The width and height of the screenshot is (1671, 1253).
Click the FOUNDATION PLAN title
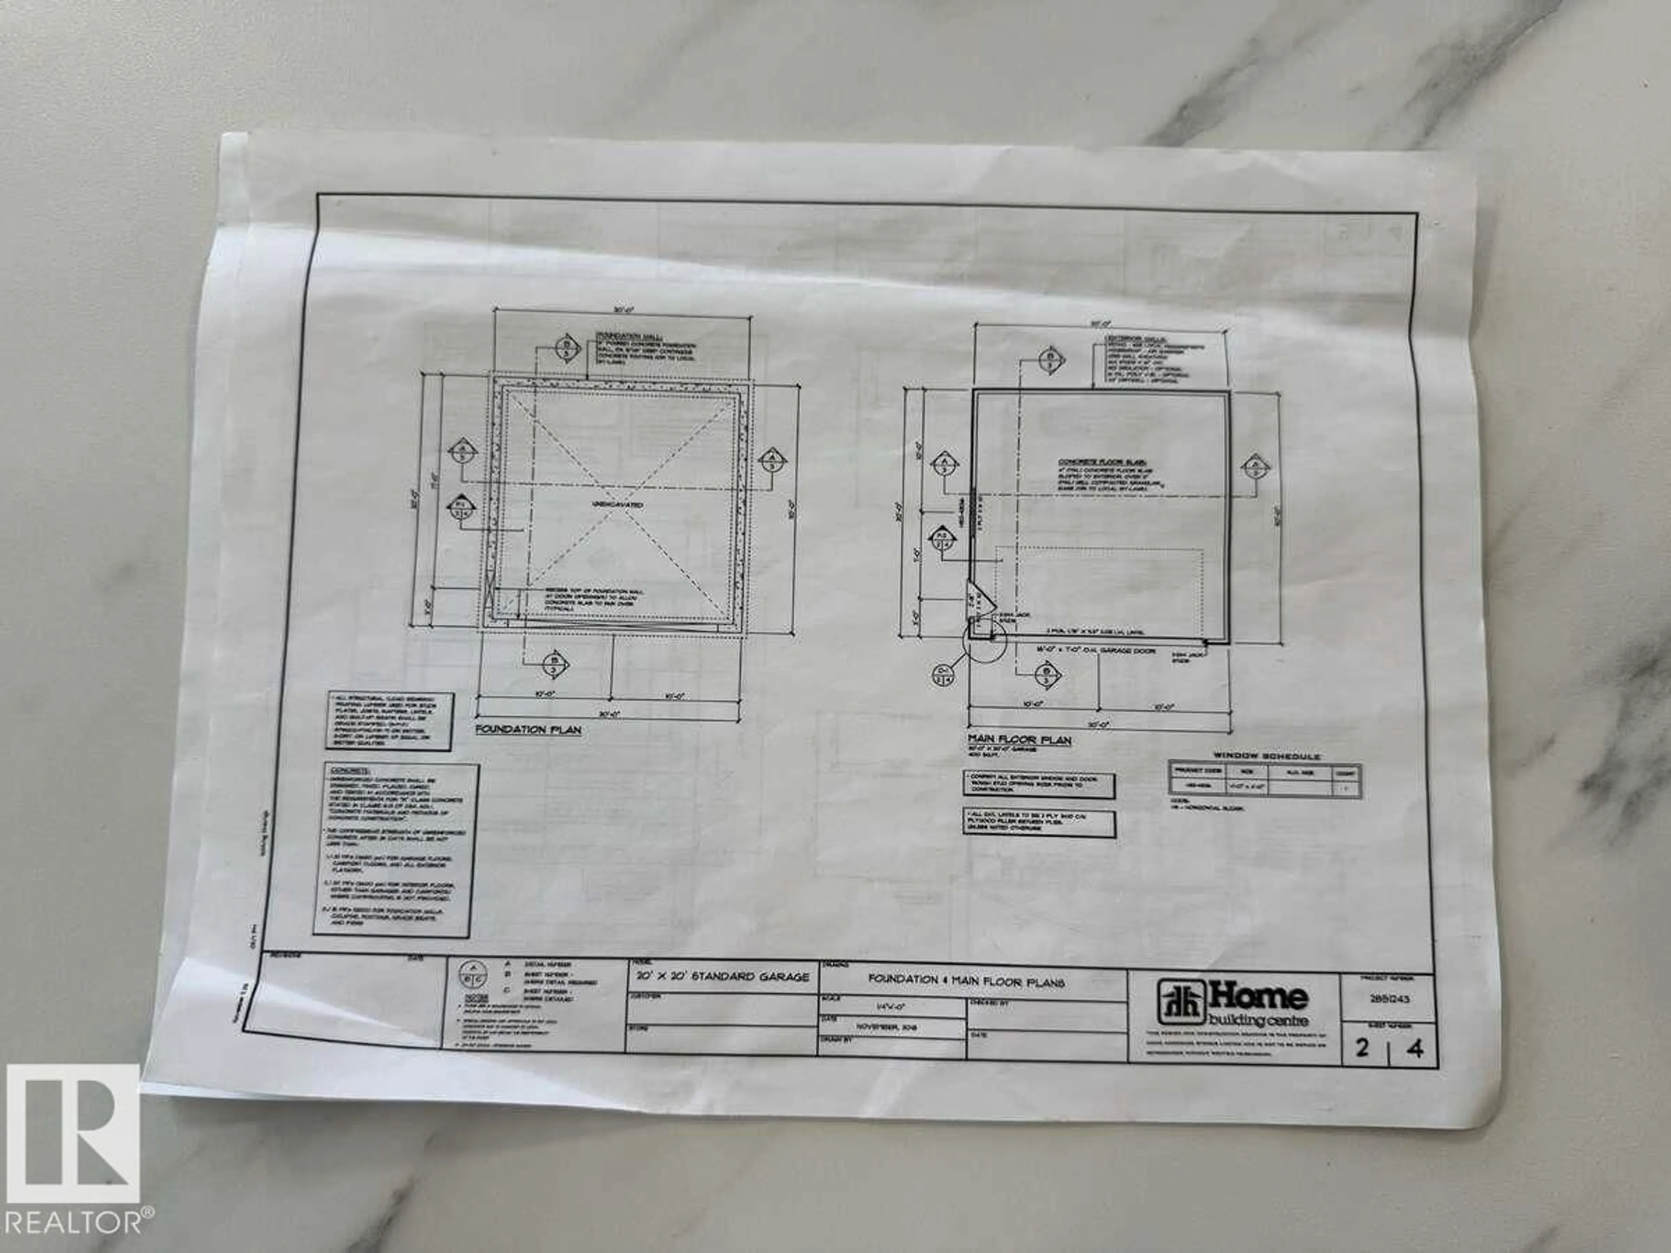point(527,730)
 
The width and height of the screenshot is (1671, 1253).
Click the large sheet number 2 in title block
point(1361,1049)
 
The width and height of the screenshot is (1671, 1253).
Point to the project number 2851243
point(1389,998)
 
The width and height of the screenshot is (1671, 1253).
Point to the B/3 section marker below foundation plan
point(556,665)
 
